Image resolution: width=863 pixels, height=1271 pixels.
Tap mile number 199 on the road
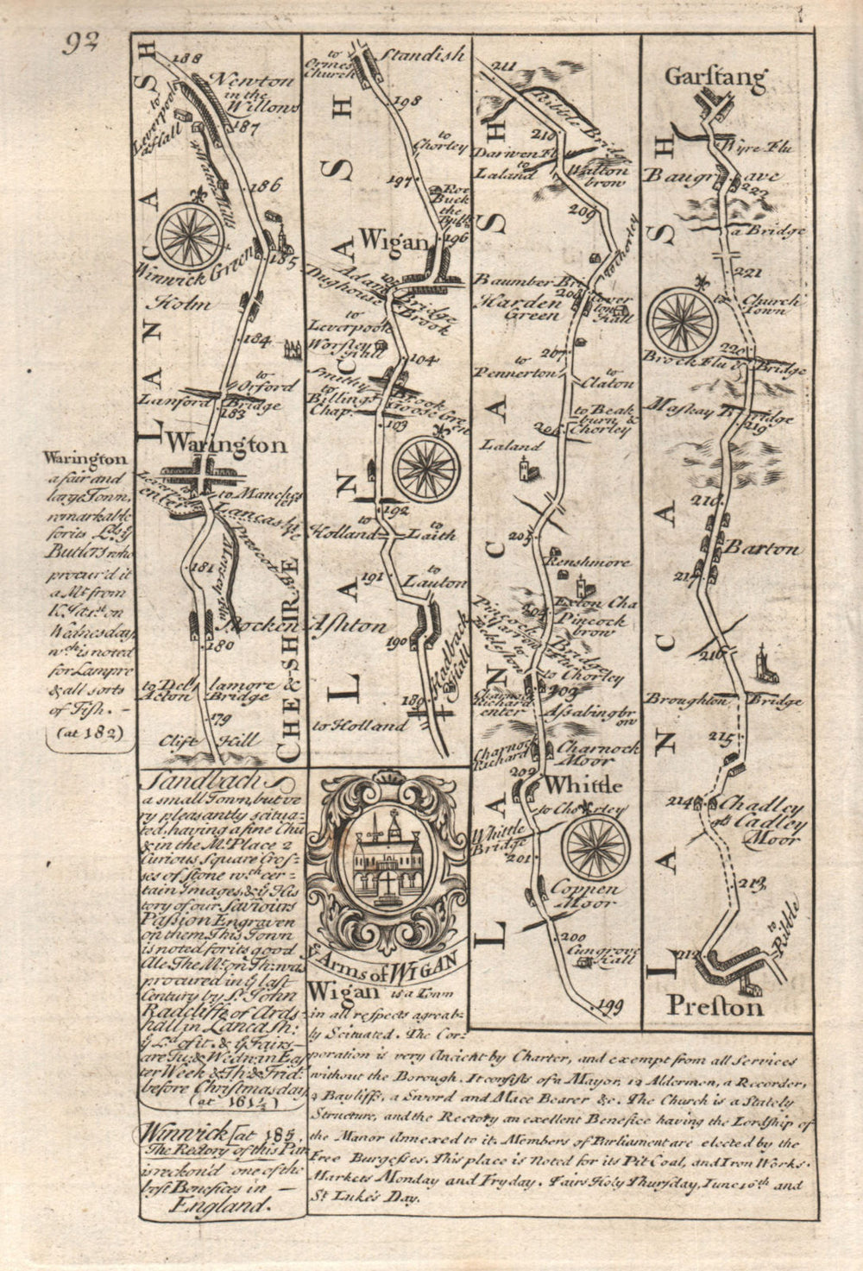pyautogui.click(x=608, y=1004)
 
